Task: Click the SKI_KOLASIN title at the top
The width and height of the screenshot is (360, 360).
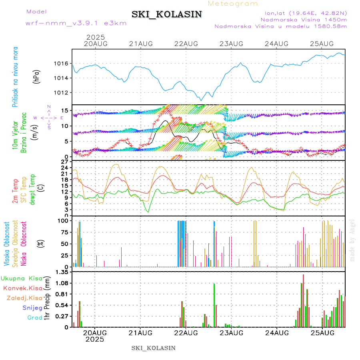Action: pos(166,14)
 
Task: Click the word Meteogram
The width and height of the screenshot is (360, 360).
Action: pos(233,4)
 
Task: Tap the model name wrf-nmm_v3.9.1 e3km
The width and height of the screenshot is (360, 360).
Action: pos(76,23)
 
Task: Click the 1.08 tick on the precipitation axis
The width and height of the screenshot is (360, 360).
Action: pos(62,283)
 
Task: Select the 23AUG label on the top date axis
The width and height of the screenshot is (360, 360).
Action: pos(232,44)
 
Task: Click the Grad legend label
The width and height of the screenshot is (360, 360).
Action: pos(35,318)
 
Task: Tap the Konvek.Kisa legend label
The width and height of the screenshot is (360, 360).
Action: pos(22,288)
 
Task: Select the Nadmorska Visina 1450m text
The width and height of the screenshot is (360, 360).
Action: pos(304,19)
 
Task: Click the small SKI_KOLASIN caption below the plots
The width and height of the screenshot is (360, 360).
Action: pos(153,348)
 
